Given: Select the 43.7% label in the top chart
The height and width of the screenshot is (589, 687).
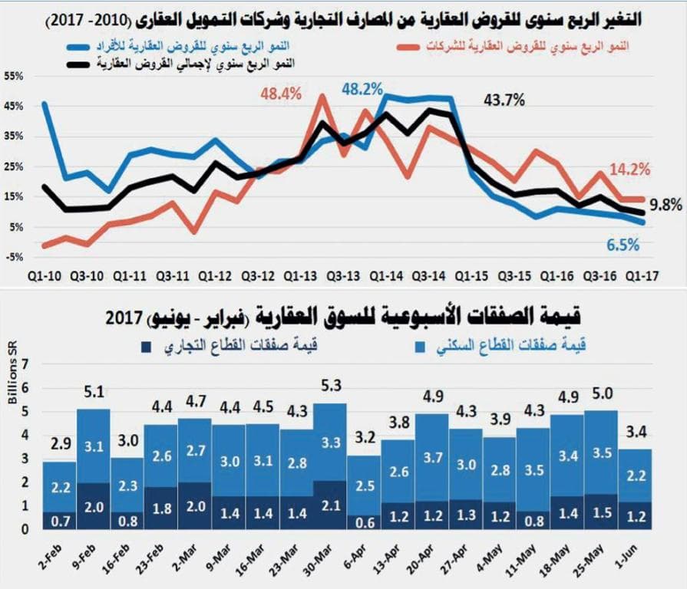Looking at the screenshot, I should pyautogui.click(x=504, y=100).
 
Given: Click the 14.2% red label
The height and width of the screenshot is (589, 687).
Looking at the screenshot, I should pyautogui.click(x=631, y=169).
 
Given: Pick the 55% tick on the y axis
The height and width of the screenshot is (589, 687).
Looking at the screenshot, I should pyautogui.click(x=15, y=76).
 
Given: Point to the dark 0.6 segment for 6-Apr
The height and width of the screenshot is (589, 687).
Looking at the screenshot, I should pyautogui.click(x=363, y=522).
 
